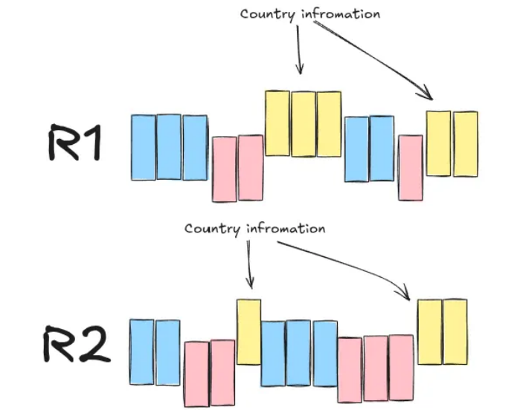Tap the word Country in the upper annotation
tap(265, 15)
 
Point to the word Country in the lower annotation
tap(211, 229)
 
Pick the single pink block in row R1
tap(410, 168)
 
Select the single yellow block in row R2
tap(248, 331)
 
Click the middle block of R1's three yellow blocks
tap(303, 124)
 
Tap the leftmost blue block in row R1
tap(143, 147)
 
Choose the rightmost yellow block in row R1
tap(466, 144)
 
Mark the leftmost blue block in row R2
tap(142, 352)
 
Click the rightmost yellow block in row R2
tap(455, 331)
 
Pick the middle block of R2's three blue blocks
tap(298, 354)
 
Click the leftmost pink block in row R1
tap(224, 169)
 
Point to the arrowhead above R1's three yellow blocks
tap(300, 69)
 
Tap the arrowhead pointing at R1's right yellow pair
tap(428, 95)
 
